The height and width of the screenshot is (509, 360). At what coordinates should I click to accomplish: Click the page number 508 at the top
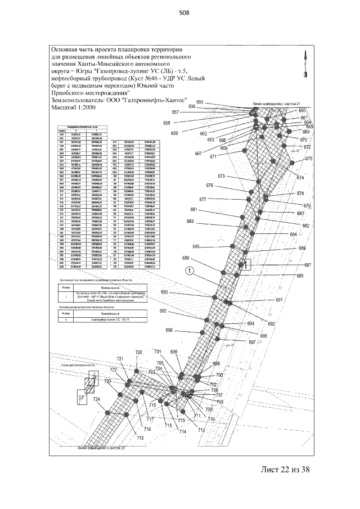[182, 13]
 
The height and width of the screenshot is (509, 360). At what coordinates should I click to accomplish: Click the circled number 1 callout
[190, 271]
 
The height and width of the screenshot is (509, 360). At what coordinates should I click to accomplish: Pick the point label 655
[200, 102]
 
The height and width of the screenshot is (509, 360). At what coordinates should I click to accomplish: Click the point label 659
[174, 133]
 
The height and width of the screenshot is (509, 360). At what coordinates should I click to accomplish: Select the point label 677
[202, 200]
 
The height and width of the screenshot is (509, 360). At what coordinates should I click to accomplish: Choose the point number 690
[164, 292]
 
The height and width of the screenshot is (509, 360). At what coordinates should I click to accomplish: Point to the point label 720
[139, 352]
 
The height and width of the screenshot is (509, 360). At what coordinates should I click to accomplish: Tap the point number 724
[97, 399]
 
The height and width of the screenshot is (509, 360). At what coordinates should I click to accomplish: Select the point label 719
[140, 437]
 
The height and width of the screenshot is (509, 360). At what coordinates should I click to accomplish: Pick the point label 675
[309, 159]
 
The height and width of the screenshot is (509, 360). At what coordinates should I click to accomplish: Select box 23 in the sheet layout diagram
[81, 398]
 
